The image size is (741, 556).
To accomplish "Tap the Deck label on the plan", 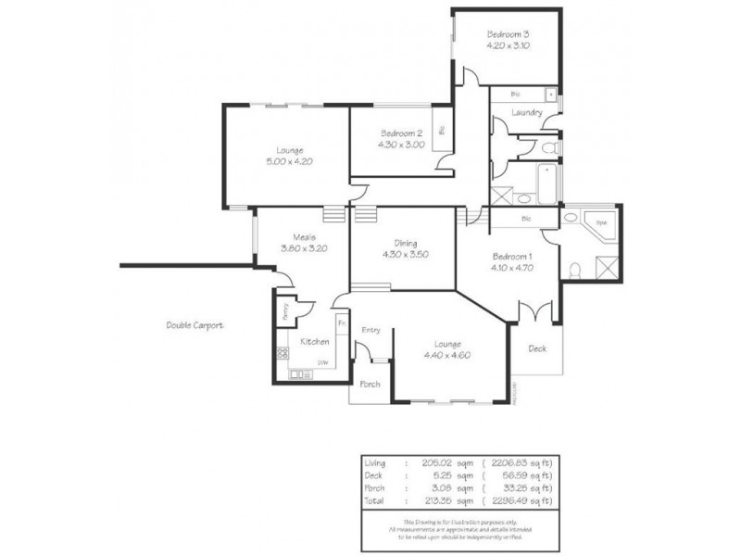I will [536, 348].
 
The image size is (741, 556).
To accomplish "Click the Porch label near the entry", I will [370, 384].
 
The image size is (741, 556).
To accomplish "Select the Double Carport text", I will [195, 325].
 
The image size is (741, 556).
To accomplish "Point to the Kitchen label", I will [315, 341].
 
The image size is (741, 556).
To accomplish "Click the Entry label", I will [371, 329].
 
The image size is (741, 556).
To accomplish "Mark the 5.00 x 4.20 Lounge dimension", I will [290, 160].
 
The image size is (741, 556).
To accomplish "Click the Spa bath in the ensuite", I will [600, 223].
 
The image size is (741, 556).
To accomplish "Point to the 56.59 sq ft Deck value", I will [521, 476].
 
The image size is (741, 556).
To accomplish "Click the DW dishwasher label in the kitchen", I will [322, 361].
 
